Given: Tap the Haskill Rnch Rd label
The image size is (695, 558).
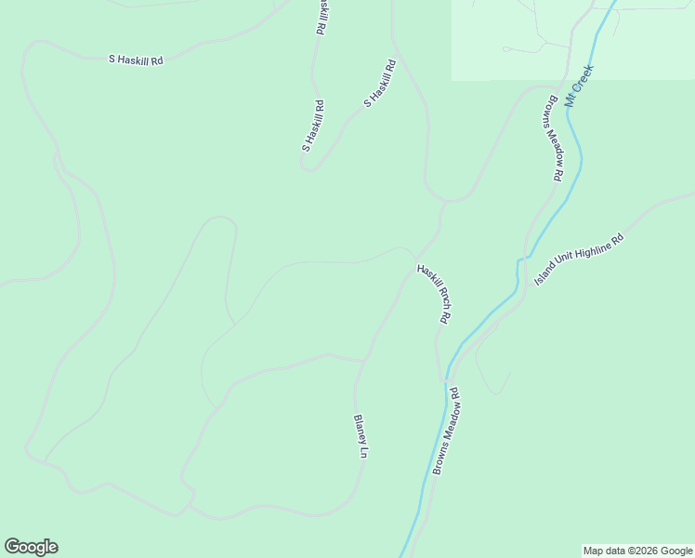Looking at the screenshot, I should pos(434,294).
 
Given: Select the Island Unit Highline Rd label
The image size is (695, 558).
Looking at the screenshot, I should pos(578,259).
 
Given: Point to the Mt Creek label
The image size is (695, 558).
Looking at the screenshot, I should pos(579,84).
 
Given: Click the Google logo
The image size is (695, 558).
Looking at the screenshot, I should pos(31,547).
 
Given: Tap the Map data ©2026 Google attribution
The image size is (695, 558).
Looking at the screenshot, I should pos(637,551).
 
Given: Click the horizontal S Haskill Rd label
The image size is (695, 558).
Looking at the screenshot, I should pos(136,60).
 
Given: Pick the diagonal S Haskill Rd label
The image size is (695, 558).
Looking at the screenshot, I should pos(380,84).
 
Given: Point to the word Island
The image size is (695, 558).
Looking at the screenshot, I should pos(544,276).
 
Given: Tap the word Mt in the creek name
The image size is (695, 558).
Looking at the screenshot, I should pos(571,98).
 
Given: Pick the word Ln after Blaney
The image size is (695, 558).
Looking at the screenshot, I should pos(364,454).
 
